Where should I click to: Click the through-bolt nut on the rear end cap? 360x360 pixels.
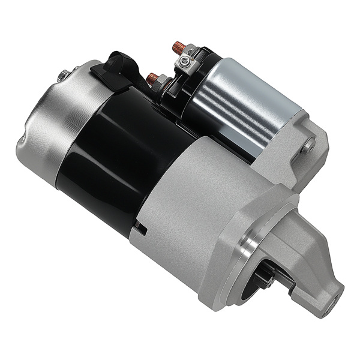(63, 76)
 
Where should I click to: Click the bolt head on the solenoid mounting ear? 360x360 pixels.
(308, 145)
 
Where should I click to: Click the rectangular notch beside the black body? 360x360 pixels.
(141, 229)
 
